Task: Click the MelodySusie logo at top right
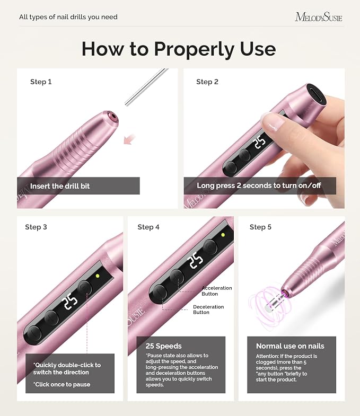[318, 17]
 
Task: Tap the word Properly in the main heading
[195, 49]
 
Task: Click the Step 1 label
[41, 82]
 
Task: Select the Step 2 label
[207, 82]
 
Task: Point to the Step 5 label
[260, 227]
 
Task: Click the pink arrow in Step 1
[129, 139]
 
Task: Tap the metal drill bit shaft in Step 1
[146, 87]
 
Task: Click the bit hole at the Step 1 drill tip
[113, 116]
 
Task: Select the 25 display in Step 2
[260, 143]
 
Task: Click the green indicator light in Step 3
[98, 276]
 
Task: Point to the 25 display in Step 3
[70, 301]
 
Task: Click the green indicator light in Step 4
[223, 235]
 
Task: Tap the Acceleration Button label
[217, 291]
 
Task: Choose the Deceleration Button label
[208, 309]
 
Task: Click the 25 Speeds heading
[163, 346]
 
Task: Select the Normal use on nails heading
[290, 346]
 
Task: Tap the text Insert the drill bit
[60, 186]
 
